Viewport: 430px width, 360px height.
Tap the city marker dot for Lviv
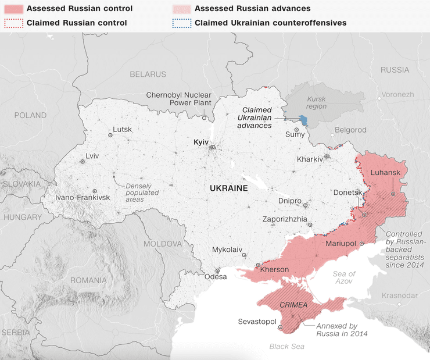(x=83, y=162)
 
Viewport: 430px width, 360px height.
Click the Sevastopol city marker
(x=280, y=327)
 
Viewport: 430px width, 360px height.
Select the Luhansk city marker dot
(x=393, y=194)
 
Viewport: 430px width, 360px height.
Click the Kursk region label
(x=317, y=102)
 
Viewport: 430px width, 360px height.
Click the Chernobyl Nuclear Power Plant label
(x=178, y=99)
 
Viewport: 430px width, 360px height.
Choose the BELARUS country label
(x=148, y=74)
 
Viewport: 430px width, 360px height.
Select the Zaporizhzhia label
(x=285, y=219)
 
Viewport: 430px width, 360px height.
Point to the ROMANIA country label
(x=88, y=280)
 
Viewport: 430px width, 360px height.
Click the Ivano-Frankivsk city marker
(x=95, y=191)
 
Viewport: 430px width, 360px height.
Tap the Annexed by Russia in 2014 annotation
(x=342, y=330)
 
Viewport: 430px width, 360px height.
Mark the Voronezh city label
(x=398, y=94)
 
